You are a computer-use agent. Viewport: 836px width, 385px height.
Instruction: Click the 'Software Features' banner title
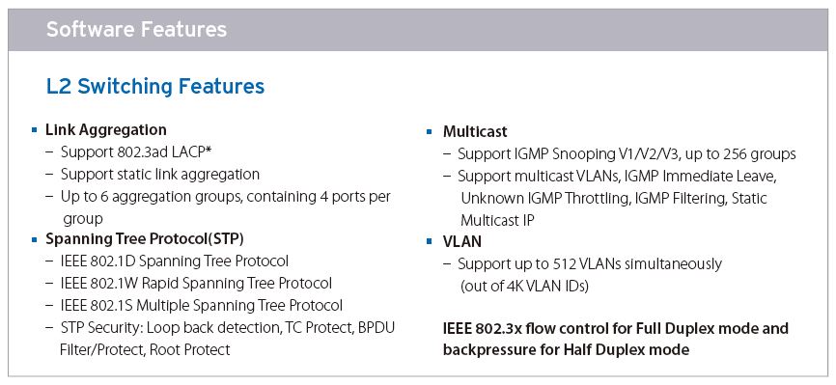pos(136,29)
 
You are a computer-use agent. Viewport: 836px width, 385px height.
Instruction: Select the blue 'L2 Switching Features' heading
pos(155,87)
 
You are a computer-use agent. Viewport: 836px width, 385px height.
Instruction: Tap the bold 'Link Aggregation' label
pos(106,130)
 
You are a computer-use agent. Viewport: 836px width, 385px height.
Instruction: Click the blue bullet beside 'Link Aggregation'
pos(35,129)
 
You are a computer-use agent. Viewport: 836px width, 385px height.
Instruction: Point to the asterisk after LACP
pos(209,151)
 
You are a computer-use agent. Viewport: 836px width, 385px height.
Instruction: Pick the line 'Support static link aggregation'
pos(160,175)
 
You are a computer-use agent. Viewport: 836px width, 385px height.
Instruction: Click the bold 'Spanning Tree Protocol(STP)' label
pos(145,239)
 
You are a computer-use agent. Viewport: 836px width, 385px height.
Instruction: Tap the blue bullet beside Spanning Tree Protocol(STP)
pos(35,239)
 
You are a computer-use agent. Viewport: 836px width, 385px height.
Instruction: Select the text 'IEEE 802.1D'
pos(98,261)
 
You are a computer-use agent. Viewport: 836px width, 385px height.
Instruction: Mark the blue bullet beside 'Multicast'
pos(430,131)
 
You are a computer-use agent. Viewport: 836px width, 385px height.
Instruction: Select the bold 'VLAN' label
pos(462,242)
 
